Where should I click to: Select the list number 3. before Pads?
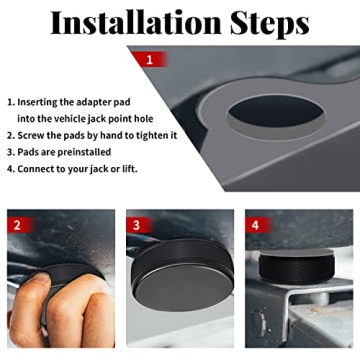coord(11,151)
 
